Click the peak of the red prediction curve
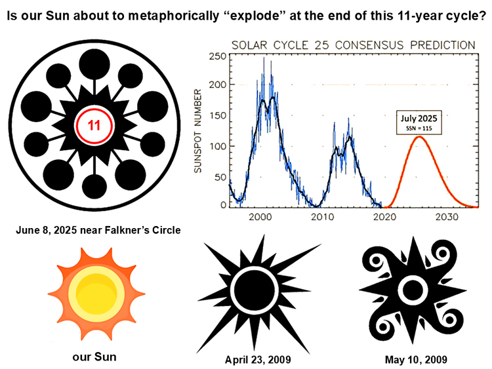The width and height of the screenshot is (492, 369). pos(419,137)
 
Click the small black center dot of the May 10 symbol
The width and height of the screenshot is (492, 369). pos(412,288)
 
